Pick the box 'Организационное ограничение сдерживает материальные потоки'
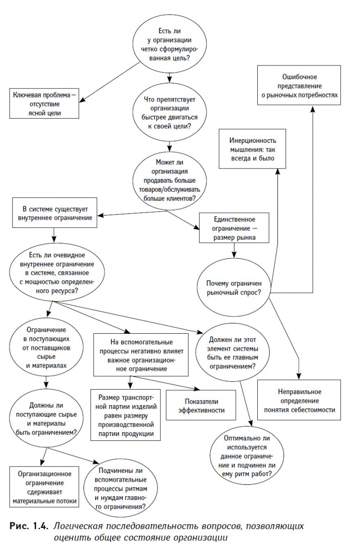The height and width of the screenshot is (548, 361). click(43, 487)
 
